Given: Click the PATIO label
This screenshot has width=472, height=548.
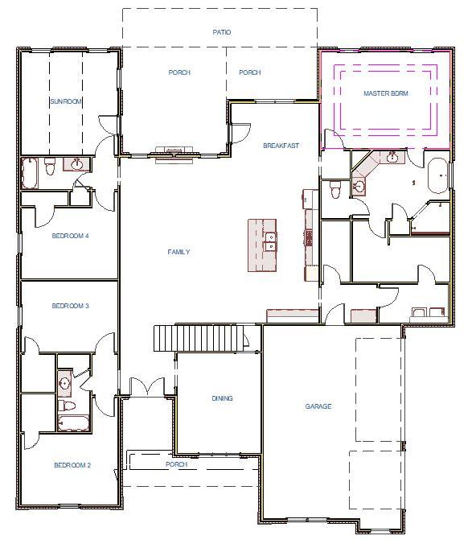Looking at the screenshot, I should tap(221, 32).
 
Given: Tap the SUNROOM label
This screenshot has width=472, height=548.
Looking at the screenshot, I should tap(67, 101).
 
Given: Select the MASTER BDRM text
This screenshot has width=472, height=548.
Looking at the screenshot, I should tap(385, 93).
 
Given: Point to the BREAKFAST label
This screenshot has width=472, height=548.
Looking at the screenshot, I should tap(281, 146).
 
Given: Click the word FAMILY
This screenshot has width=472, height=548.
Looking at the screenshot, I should tap(179, 252).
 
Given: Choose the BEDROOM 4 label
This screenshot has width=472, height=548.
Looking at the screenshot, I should tap(70, 236).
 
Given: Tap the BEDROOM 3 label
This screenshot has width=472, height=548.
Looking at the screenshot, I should tap(70, 306).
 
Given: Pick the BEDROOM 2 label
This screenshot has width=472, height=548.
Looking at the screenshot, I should tap(72, 465).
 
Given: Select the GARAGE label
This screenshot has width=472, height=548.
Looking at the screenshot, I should tap(318, 406).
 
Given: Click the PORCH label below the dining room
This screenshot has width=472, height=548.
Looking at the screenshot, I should tap(176, 464).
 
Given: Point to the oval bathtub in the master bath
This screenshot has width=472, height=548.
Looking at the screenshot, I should tap(437, 175).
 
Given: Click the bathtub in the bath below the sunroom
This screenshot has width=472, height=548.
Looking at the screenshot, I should tap(29, 171).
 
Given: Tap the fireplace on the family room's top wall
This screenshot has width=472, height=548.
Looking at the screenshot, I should tap(174, 153).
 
